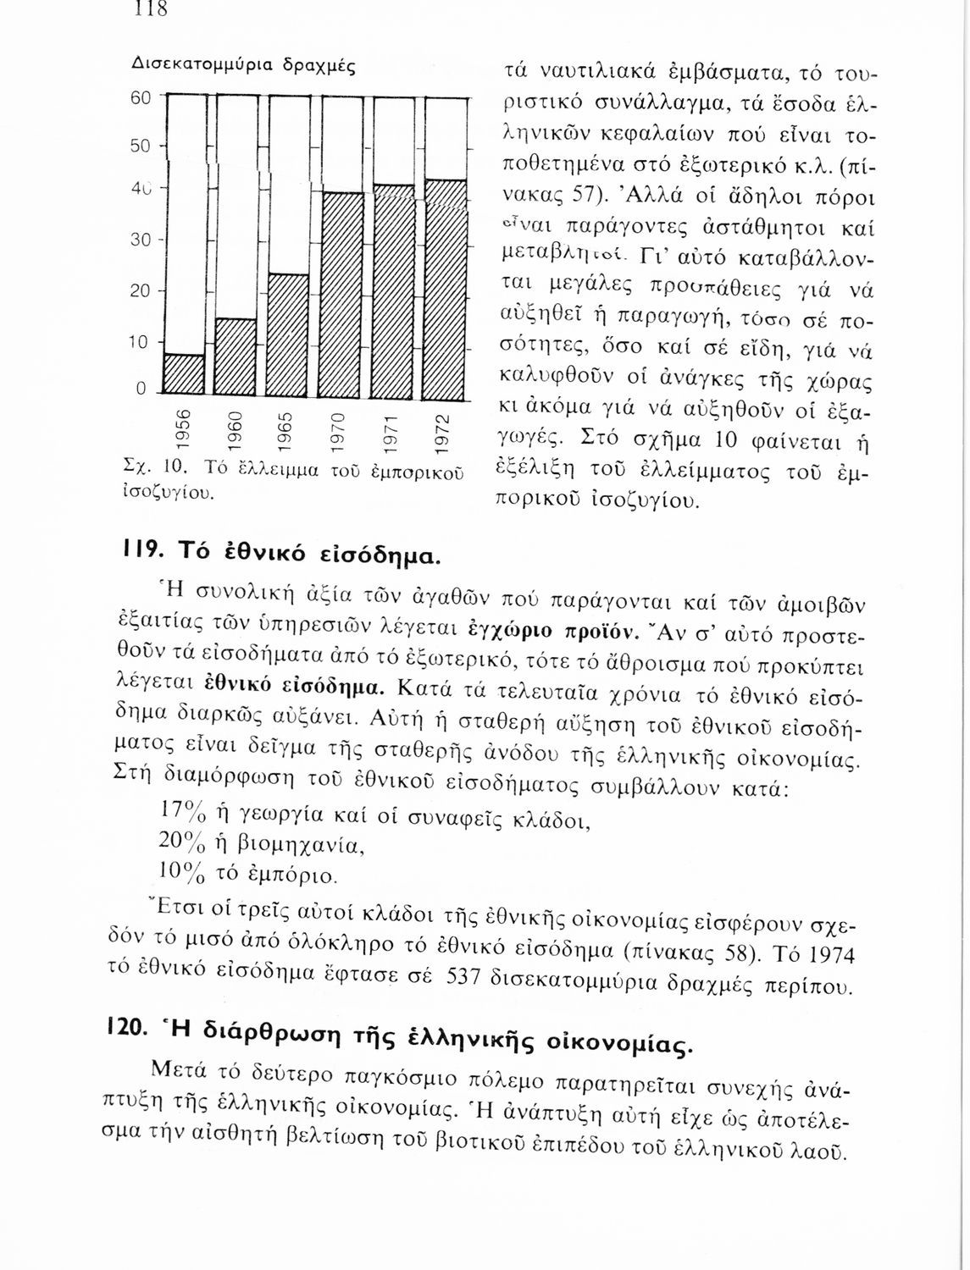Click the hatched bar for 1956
tap(184, 375)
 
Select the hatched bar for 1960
tap(236, 357)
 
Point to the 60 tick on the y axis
tap(141, 98)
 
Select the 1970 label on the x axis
tap(338, 429)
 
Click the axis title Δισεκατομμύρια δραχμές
tap(243, 64)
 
